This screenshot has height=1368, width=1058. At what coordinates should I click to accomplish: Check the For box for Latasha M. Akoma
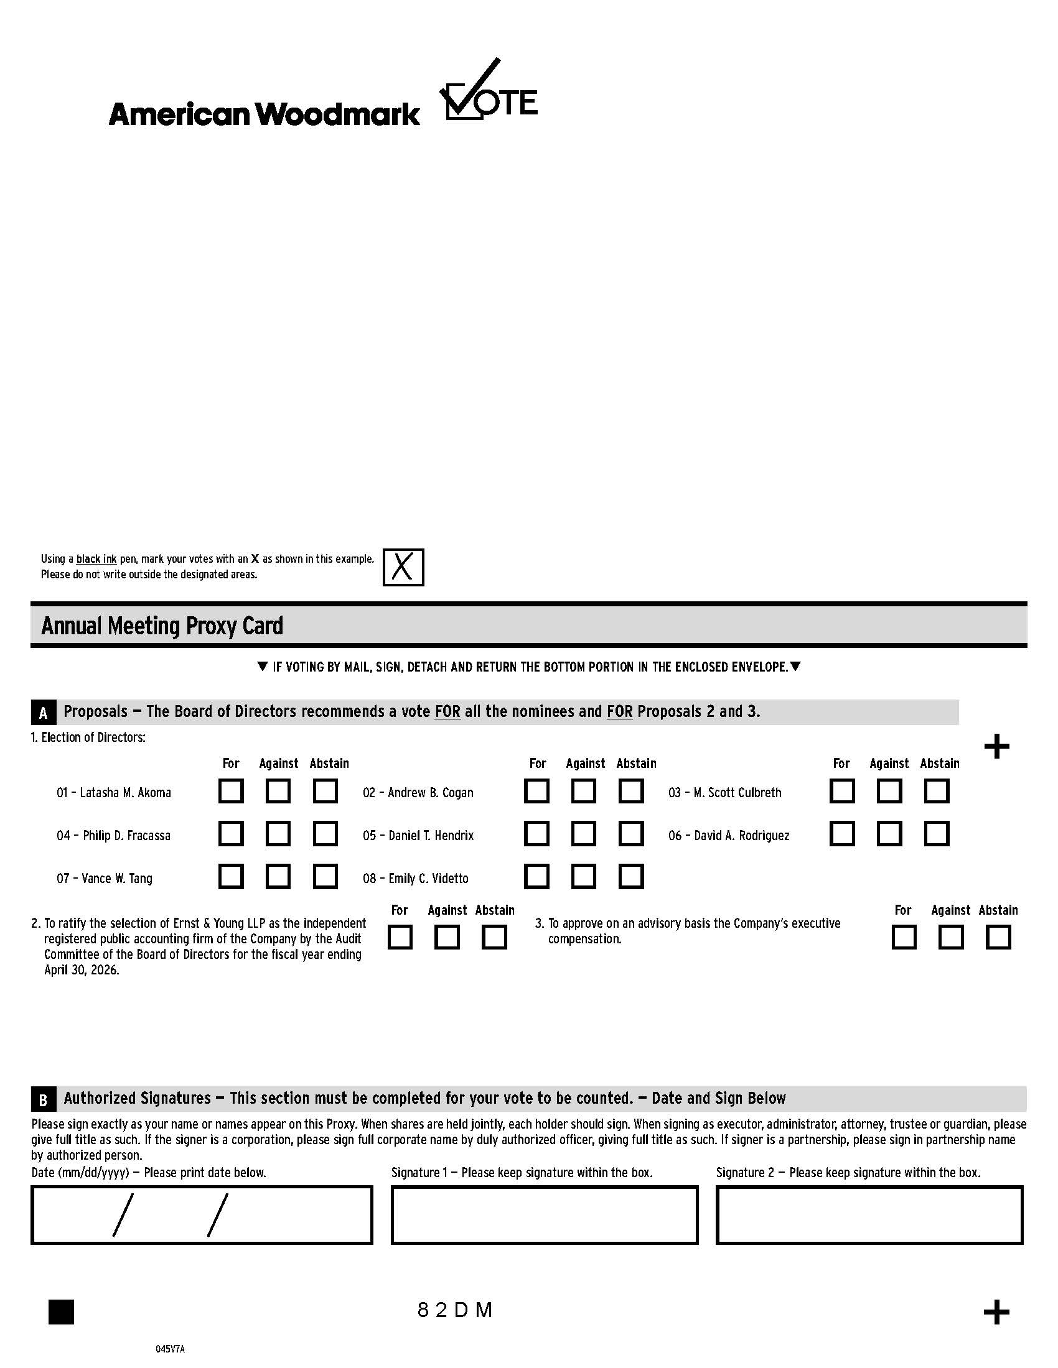pos(231,791)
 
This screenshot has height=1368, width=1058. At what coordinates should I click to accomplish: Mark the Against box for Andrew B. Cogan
pos(584,791)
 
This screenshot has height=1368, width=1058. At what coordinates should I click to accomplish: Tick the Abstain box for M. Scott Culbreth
pos(937,791)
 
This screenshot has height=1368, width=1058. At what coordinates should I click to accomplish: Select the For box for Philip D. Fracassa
pos(231,834)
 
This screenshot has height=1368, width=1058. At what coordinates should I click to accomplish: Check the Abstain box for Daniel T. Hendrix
pos(630,834)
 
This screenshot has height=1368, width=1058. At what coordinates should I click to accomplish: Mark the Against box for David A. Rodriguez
pos(889,834)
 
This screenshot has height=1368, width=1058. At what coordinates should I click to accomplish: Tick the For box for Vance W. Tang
pos(231,876)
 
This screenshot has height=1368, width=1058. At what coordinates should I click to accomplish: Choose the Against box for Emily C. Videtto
pos(584,876)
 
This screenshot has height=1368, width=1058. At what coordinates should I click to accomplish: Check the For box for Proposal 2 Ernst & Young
pos(400,938)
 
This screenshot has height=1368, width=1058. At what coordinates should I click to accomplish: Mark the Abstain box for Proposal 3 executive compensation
pos(998,938)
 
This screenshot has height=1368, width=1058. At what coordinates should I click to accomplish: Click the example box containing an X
pos(403,567)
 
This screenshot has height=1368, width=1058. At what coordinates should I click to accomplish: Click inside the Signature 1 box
pos(544,1214)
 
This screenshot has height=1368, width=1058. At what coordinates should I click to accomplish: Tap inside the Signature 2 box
pos(869,1214)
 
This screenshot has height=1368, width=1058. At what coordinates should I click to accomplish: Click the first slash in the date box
pos(123,1215)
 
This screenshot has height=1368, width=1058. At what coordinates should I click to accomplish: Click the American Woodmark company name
pos(264,114)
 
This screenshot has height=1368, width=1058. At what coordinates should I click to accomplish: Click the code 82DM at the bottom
pos(456,1310)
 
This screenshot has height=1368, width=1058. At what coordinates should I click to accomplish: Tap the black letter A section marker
pos(43,713)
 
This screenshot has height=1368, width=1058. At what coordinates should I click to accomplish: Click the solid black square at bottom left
pos(61,1311)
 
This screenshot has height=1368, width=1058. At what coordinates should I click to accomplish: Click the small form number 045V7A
pos(170,1349)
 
